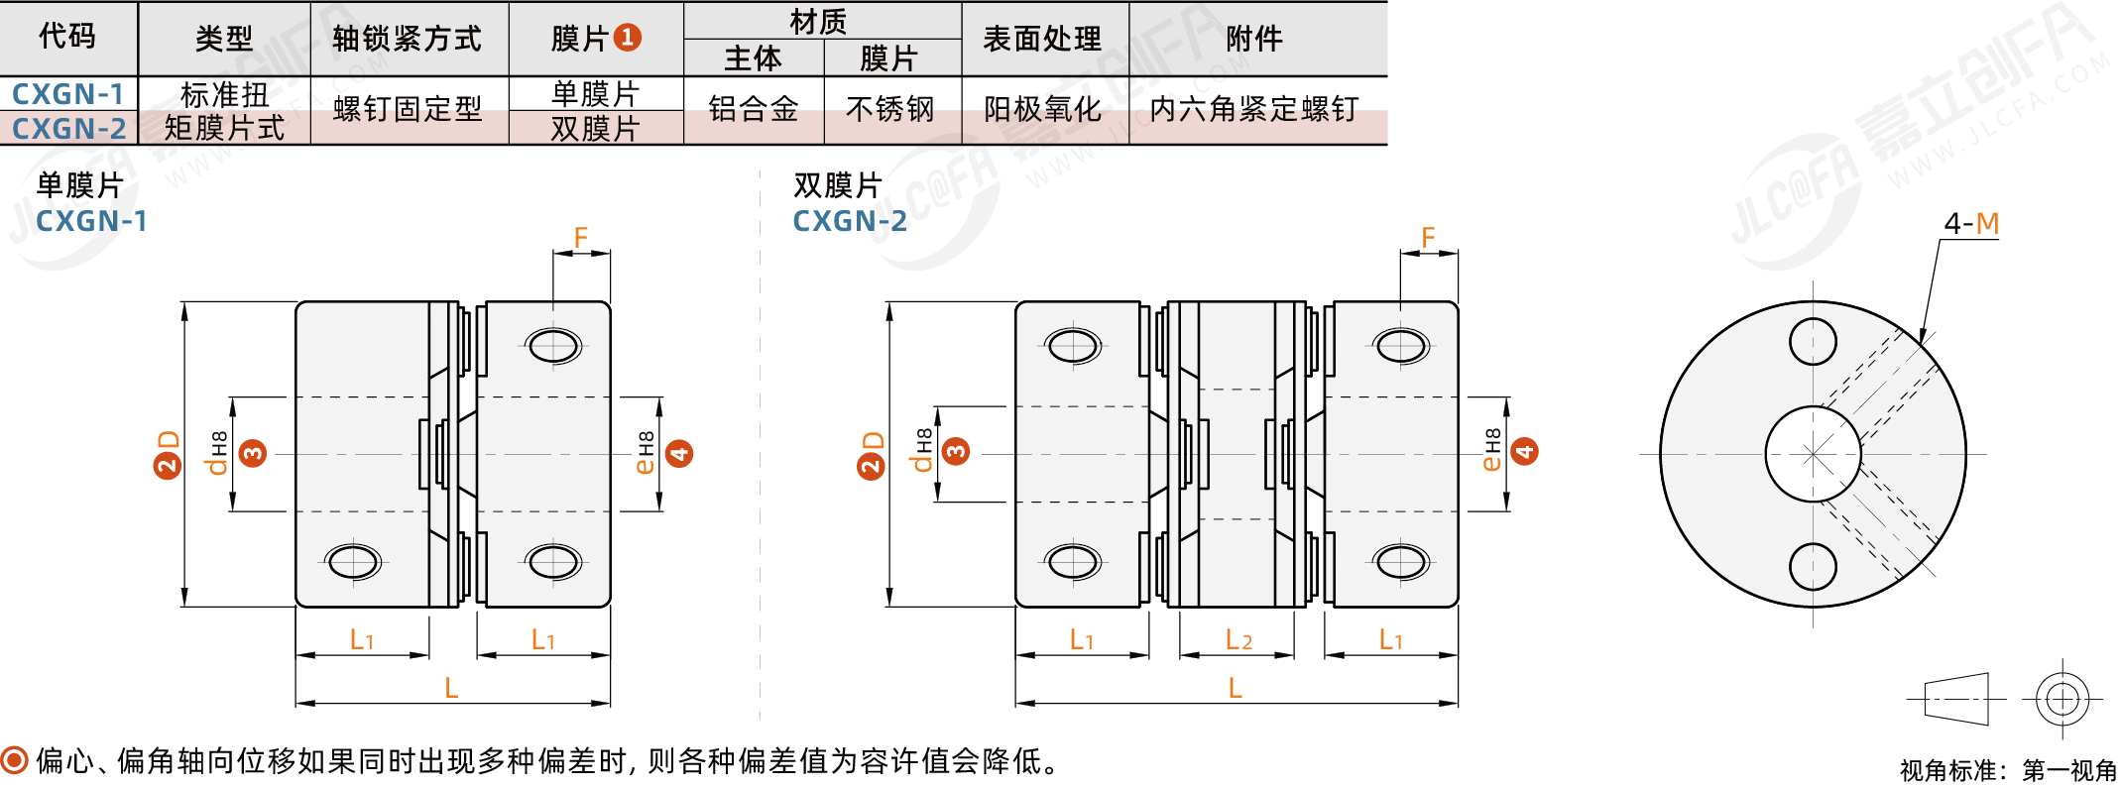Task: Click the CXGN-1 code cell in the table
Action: (67, 94)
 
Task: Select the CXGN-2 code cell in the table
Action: (68, 129)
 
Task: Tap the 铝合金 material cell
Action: (754, 109)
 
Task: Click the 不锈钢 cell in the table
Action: (890, 109)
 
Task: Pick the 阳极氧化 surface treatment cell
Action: (1043, 109)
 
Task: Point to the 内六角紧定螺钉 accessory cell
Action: (1253, 109)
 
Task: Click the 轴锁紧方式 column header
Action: (408, 39)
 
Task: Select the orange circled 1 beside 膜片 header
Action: (627, 38)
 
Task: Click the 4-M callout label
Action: (1970, 224)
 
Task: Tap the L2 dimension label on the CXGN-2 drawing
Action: (1238, 640)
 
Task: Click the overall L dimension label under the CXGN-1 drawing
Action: (451, 688)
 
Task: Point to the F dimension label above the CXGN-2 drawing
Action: (1428, 238)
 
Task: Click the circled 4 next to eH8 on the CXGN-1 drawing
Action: (679, 454)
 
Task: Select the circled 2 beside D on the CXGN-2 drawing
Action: (871, 466)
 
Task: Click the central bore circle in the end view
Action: (1813, 454)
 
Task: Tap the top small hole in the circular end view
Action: (1813, 342)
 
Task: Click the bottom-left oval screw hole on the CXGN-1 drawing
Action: (353, 562)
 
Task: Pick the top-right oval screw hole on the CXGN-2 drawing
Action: (1401, 347)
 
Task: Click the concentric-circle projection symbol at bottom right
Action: (2062, 699)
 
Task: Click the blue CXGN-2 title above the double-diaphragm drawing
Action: (850, 221)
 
